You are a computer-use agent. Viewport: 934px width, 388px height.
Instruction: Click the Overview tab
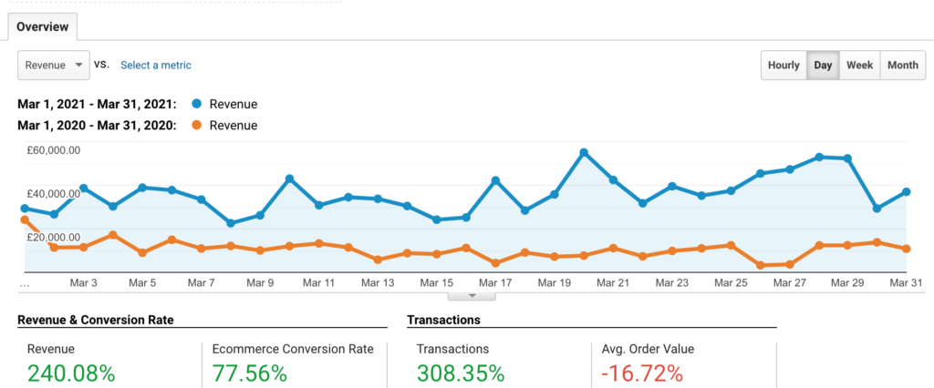43,26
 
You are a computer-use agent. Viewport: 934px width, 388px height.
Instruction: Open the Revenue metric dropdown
53,65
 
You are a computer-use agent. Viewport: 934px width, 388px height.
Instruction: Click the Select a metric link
156,65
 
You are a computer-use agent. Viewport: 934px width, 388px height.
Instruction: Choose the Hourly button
784,65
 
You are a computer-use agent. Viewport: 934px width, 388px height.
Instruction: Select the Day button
823,65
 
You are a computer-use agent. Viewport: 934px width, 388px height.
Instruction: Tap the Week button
859,65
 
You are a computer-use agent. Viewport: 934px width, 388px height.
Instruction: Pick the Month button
902,65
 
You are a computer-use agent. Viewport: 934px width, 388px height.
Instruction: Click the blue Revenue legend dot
194,104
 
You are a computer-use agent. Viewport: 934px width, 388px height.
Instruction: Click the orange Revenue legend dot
194,126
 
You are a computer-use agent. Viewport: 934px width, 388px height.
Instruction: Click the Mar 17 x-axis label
494,283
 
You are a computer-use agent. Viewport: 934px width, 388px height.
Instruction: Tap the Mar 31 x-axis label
905,283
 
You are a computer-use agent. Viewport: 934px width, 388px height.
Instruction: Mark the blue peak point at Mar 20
584,152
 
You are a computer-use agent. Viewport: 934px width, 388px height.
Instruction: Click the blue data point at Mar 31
907,191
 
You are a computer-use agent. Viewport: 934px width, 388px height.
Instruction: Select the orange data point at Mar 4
112,235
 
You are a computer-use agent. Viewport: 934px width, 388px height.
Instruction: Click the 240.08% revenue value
71,373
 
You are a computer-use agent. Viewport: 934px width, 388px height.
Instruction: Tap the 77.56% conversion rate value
250,373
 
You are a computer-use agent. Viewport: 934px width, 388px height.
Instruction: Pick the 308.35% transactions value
461,373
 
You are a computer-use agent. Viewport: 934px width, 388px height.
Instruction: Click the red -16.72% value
642,373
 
